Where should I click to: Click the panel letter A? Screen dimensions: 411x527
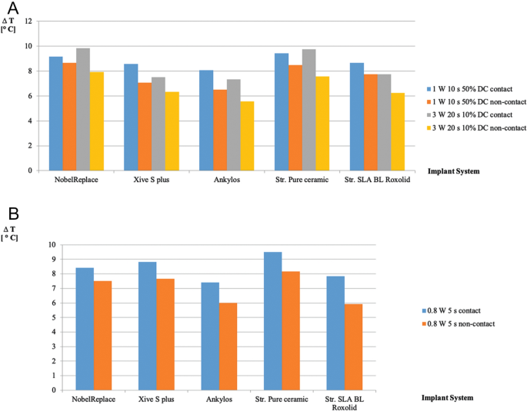click(x=14, y=10)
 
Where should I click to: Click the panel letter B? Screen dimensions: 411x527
click(x=13, y=213)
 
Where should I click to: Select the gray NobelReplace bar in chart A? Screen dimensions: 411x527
click(x=83, y=109)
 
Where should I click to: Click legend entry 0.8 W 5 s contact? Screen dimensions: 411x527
click(x=460, y=311)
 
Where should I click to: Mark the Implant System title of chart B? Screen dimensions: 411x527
click(x=448, y=398)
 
